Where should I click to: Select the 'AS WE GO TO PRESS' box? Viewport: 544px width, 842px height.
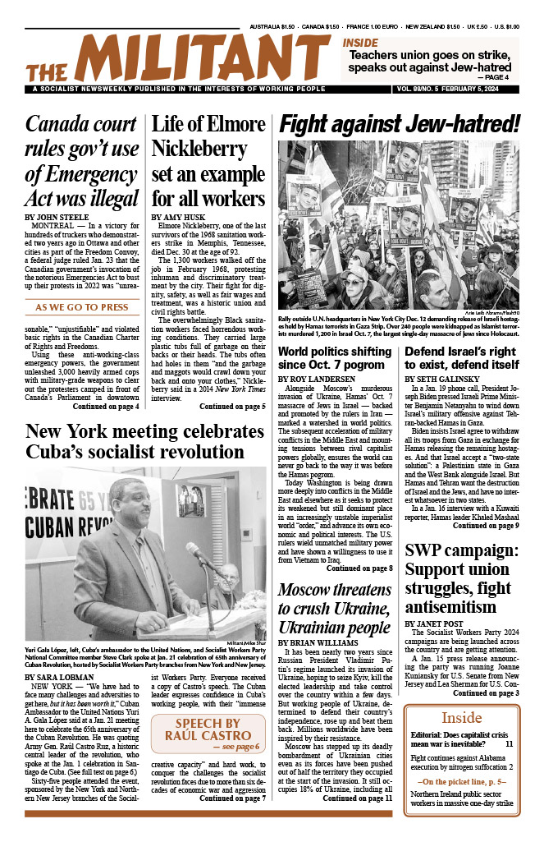click(x=81, y=308)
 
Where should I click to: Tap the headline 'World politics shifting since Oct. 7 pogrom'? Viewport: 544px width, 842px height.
click(x=336, y=358)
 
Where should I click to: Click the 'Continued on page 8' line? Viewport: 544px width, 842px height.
click(x=359, y=568)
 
